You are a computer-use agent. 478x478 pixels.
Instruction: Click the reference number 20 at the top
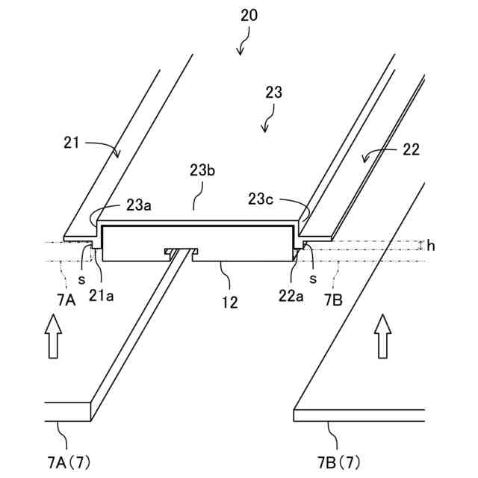coord(249,16)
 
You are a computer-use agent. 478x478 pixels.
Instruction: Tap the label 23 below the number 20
coord(273,93)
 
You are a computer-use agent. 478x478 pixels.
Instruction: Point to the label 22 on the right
coord(410,150)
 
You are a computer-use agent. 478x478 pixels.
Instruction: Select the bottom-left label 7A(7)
coord(66,457)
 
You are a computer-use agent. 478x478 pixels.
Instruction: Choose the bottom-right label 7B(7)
coord(329,457)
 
